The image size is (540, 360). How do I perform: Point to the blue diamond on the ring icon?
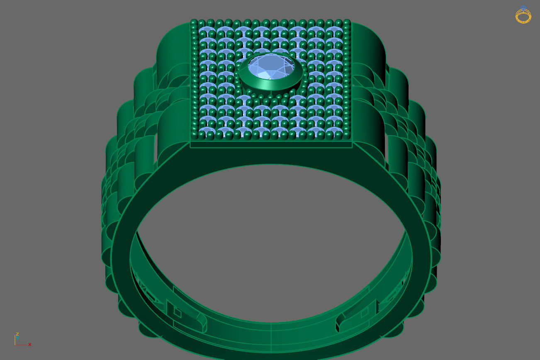523,8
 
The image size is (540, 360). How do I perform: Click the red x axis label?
30,344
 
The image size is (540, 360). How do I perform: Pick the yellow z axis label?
17,334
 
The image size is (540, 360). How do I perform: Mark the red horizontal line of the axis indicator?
22,345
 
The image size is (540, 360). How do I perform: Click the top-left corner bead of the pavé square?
194,22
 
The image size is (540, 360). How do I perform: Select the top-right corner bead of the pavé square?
347,22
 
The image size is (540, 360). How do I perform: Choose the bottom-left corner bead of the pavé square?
195,136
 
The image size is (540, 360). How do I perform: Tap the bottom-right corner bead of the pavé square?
347,135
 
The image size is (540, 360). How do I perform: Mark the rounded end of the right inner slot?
340,321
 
